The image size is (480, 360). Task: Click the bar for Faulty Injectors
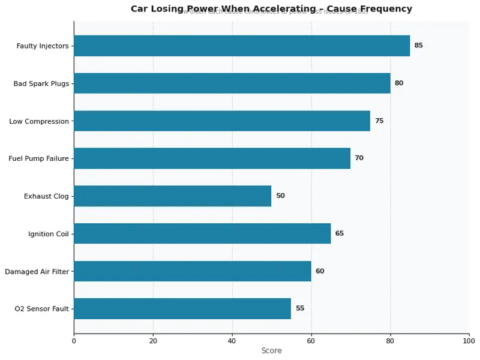(242, 46)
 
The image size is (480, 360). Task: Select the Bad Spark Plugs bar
(232, 83)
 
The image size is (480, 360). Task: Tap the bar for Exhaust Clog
(172, 196)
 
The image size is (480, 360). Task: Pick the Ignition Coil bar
(202, 233)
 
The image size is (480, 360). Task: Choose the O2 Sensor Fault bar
(182, 308)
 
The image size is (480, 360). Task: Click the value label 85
(418, 46)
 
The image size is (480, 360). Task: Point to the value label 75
(379, 121)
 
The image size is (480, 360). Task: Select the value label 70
(359, 158)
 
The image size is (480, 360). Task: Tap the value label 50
(280, 196)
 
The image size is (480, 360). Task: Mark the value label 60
(320, 271)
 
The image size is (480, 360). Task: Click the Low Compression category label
(39, 121)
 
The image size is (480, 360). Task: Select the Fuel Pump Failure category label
(38, 158)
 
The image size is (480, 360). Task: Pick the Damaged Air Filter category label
(37, 271)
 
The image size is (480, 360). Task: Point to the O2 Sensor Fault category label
(42, 308)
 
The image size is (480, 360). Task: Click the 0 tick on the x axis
(74, 341)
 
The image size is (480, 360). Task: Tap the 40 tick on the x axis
(232, 341)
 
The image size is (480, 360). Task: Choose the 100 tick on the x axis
(469, 341)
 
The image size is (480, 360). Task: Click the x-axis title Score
(271, 350)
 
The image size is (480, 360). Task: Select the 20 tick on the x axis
(153, 341)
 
